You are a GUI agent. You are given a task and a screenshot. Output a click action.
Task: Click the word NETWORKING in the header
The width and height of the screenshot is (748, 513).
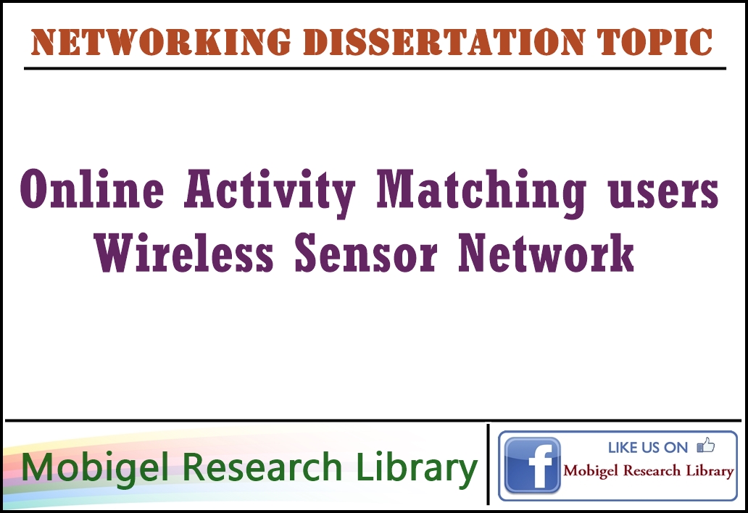[x=161, y=42]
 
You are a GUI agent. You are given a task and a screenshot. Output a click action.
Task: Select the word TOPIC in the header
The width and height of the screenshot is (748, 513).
[x=654, y=42]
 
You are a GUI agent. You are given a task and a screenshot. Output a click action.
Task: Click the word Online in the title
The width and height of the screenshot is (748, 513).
[x=92, y=189]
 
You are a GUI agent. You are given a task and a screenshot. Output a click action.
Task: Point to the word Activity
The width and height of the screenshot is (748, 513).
[x=270, y=192]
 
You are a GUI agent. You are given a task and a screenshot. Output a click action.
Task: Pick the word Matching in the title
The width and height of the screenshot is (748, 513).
[x=481, y=192]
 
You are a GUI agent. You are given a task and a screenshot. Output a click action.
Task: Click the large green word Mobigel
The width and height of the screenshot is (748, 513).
[x=95, y=468]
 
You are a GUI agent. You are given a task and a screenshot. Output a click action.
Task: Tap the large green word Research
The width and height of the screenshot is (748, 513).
[x=262, y=467]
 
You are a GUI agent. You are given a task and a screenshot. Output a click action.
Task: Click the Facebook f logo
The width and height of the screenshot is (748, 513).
[x=533, y=465]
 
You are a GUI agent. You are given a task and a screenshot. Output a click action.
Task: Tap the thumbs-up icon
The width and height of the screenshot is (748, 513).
[x=706, y=446]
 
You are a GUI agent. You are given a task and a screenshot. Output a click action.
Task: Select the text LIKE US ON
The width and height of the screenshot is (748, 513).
[x=648, y=447]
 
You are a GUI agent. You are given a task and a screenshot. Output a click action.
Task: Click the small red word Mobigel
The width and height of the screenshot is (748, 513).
[x=591, y=471]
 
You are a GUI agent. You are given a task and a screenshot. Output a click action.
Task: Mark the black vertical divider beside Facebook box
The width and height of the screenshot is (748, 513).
[x=488, y=464]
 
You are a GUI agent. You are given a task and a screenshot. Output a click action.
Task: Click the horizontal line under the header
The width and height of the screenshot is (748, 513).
[x=375, y=69]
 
